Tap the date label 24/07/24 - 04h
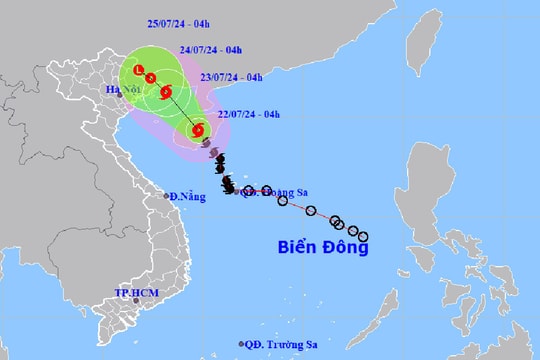[207, 47]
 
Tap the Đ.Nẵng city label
[187, 196]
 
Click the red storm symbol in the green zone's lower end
[198, 129]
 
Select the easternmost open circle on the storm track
[363, 236]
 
